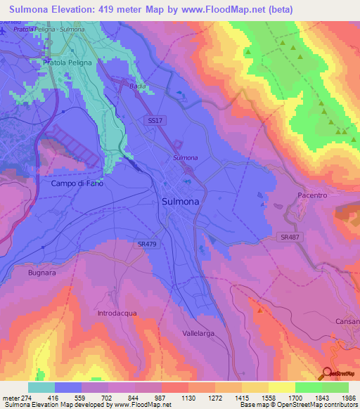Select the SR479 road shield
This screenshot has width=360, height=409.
click(148, 244)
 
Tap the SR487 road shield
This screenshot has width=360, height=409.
click(283, 238)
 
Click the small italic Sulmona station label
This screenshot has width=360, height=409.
click(186, 157)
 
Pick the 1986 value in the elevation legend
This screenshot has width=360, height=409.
click(339, 398)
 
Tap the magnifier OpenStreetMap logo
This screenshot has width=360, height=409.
click(327, 374)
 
